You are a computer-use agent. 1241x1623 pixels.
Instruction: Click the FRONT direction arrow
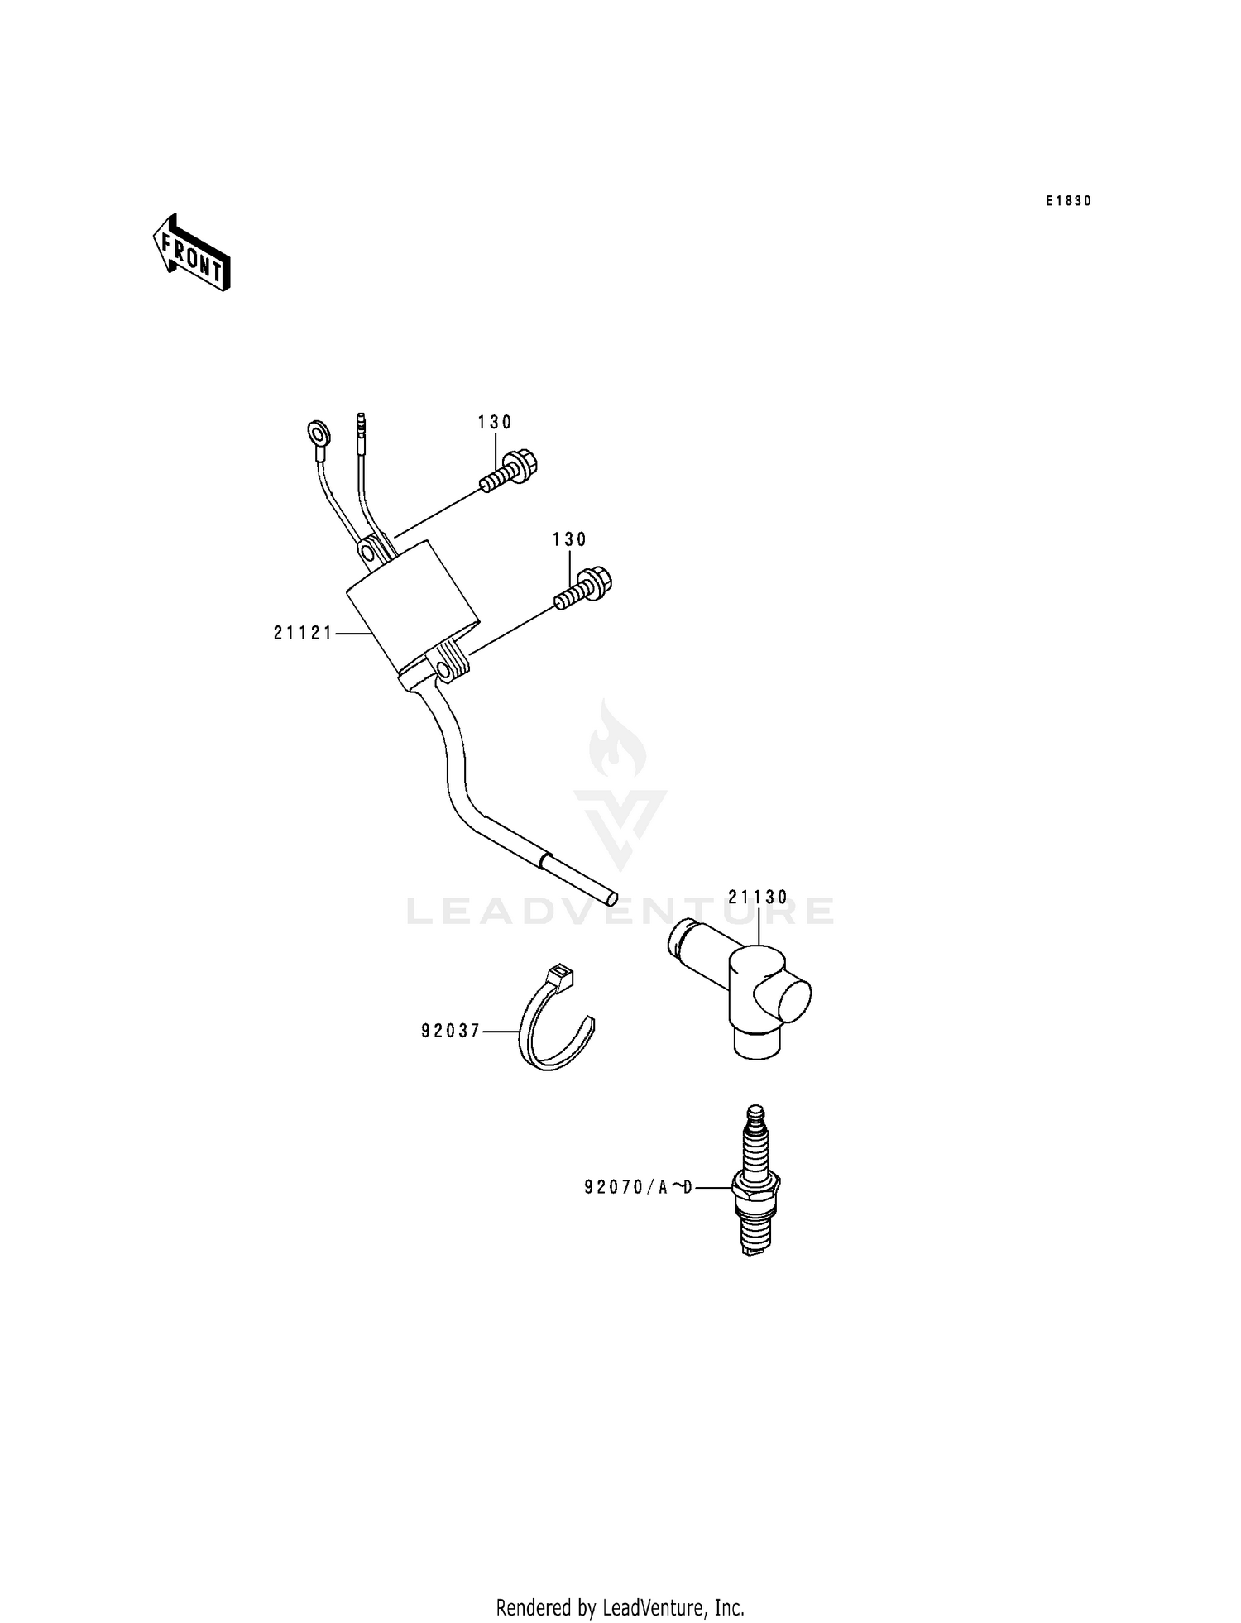click(191, 253)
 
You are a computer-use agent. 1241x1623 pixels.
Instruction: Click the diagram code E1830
click(1068, 201)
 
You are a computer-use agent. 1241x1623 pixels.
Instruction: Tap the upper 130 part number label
click(495, 423)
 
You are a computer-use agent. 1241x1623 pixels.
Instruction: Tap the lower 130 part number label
click(569, 540)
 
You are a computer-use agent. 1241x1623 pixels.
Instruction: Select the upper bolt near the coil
click(507, 471)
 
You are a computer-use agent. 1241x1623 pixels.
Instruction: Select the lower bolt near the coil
click(582, 586)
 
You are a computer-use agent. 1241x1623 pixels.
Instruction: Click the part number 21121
click(303, 634)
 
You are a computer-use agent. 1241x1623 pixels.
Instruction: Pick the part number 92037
click(451, 1032)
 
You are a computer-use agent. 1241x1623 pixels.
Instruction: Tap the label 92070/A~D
click(638, 1188)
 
